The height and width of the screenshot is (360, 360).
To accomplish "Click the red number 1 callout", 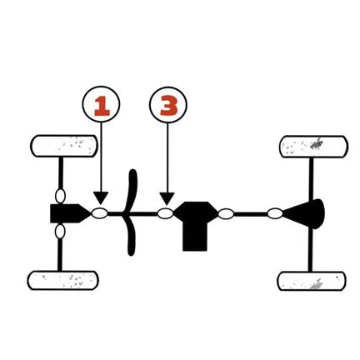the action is click(101, 104).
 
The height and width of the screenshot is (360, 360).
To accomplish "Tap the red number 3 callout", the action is click(168, 105).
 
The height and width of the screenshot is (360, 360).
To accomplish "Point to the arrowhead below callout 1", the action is click(101, 197).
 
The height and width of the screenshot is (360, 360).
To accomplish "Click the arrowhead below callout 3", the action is click(167, 198).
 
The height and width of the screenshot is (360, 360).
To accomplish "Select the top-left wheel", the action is click(63, 146).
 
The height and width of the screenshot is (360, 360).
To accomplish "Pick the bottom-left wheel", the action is click(63, 281).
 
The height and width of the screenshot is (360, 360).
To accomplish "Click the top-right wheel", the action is click(313, 147).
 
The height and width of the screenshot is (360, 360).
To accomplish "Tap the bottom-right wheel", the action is click(312, 281).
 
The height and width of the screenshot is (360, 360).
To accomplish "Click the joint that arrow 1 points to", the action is click(100, 213).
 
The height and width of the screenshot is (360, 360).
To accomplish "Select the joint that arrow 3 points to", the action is click(165, 213).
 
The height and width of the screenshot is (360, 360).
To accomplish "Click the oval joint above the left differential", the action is click(60, 196).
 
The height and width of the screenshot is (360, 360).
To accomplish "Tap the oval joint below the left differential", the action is click(60, 232).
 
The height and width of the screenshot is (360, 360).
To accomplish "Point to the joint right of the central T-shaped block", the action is click(226, 214).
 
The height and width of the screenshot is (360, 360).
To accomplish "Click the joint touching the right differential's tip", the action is click(275, 213).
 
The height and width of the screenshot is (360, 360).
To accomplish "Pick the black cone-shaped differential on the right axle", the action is click(307, 213).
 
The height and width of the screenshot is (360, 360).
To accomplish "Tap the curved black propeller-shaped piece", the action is click(131, 212).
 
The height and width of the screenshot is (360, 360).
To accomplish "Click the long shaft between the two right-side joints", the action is click(251, 214).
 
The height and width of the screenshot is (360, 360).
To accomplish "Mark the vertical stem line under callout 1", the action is click(101, 157).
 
